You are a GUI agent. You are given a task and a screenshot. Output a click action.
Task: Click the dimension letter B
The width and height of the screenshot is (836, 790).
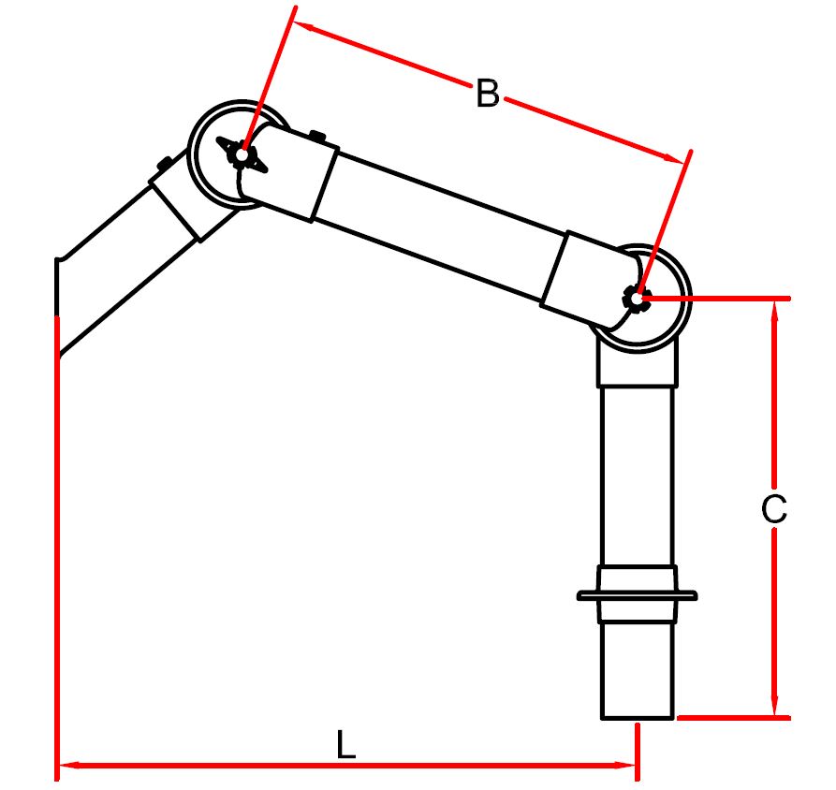488,94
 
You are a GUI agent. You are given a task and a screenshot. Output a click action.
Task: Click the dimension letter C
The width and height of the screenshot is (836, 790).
774,509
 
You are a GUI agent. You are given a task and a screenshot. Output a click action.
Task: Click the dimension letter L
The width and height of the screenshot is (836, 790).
346,745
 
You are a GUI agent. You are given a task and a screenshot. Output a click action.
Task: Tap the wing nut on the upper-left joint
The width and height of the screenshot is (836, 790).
242,155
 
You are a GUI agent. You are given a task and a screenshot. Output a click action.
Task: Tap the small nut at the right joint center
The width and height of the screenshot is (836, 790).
637,298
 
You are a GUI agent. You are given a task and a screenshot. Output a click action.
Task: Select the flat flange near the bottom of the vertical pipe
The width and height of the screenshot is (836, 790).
637,595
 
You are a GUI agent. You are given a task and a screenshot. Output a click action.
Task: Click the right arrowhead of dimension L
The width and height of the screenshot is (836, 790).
626,766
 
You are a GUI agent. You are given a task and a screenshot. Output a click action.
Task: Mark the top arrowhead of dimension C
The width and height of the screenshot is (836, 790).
775,312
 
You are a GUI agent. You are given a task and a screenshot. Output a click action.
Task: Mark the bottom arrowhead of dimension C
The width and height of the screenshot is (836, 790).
775,705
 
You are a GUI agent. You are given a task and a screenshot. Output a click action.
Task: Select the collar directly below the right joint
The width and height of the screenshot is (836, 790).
638,362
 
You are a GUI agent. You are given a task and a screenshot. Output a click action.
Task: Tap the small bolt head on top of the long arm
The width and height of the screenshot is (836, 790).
317,136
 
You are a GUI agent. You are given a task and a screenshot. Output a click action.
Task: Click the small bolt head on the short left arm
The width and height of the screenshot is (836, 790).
163,163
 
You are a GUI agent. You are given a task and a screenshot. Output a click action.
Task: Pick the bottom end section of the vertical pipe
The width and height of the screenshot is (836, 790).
638,670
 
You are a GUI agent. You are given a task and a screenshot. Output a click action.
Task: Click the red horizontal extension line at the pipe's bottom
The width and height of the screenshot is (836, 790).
734,718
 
